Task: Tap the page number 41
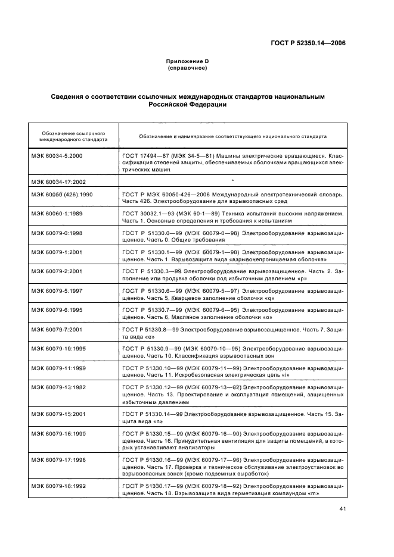342,508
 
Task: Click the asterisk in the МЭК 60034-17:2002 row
232,179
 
